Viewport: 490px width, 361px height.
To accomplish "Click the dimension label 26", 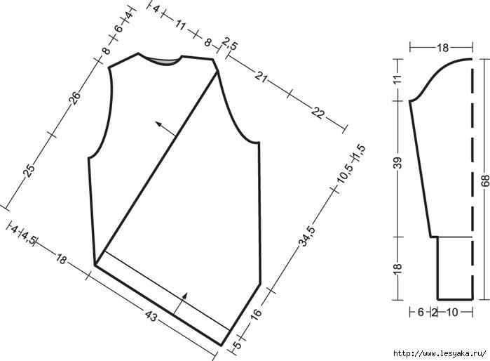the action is click(75, 98).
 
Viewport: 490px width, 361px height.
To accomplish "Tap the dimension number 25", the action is click(29, 171).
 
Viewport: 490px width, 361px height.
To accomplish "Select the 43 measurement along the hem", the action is click(151, 316).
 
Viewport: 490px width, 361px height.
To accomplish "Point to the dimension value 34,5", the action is click(308, 236).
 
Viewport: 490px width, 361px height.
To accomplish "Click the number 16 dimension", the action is click(257, 315).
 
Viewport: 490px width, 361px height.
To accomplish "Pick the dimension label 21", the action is click(261, 77).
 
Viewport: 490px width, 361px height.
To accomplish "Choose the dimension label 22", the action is click(318, 112).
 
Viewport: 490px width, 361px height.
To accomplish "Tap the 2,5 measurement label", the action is click(231, 44).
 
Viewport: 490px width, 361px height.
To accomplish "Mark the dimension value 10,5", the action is click(345, 173).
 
